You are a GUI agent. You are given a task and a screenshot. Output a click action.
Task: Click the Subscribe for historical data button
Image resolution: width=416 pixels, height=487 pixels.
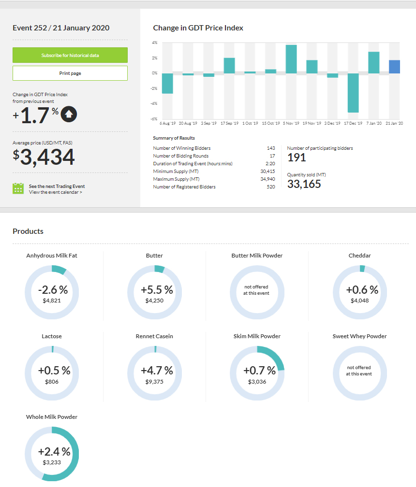pyautogui.click(x=70, y=55)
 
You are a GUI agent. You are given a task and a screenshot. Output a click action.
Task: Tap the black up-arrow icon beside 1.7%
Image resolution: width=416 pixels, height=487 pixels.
pyautogui.click(x=69, y=115)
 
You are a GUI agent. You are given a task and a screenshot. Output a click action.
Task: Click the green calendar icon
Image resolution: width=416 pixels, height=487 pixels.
pyautogui.click(x=18, y=188)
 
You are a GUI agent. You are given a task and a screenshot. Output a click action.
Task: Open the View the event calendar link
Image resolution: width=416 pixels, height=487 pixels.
pyautogui.click(x=55, y=192)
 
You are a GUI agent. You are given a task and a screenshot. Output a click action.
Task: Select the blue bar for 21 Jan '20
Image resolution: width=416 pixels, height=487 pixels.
pyautogui.click(x=395, y=67)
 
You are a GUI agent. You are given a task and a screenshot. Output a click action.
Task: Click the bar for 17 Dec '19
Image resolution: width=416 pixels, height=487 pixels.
pyautogui.click(x=353, y=93)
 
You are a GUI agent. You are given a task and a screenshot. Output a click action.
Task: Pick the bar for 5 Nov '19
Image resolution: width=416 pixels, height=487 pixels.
pyautogui.click(x=291, y=59)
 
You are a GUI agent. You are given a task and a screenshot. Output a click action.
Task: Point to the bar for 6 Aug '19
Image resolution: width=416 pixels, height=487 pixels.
pyautogui.click(x=167, y=83)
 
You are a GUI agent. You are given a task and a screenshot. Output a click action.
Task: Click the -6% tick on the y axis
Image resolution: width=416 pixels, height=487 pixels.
pyautogui.click(x=154, y=119)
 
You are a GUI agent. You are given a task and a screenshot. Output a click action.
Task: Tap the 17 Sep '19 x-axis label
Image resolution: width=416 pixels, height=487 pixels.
pyautogui.click(x=229, y=124)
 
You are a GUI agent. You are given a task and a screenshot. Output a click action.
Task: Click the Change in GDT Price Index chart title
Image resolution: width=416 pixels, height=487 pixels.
pyautogui.click(x=198, y=28)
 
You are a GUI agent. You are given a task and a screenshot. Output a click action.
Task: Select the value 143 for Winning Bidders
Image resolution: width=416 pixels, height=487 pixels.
pyautogui.click(x=271, y=148)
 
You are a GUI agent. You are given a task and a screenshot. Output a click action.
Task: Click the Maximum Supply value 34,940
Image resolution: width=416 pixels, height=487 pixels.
pyautogui.click(x=267, y=179)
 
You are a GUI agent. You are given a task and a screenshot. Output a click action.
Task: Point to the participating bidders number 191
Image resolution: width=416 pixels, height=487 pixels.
pyautogui.click(x=297, y=158)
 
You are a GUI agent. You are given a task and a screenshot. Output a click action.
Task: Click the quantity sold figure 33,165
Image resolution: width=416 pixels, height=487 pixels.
pyautogui.click(x=304, y=184)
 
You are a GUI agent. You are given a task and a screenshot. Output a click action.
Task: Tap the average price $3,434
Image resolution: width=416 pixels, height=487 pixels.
pyautogui.click(x=44, y=158)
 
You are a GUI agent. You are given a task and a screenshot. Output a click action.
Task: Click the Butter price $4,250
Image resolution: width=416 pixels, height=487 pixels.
pyautogui.click(x=155, y=301)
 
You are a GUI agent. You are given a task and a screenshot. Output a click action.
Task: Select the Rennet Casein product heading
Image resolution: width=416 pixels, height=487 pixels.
pyautogui.click(x=154, y=336)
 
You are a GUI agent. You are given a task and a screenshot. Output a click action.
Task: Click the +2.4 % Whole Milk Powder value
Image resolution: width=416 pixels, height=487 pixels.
pyautogui.click(x=54, y=452)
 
